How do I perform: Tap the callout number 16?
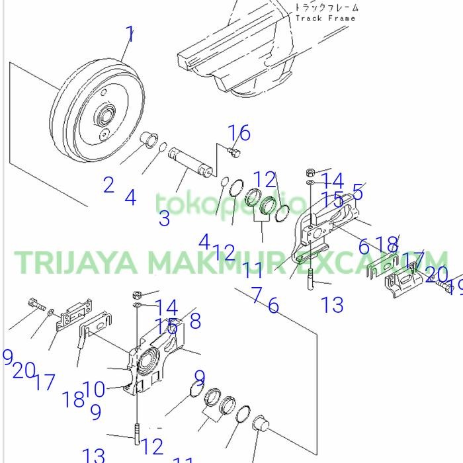(x=240, y=134)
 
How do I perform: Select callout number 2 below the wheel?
(x=108, y=185)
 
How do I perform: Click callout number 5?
(x=358, y=192)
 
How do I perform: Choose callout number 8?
(x=194, y=321)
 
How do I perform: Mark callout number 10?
(x=94, y=390)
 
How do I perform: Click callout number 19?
(x=455, y=287)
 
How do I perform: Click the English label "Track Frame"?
(x=325, y=19)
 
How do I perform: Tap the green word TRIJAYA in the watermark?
(x=76, y=262)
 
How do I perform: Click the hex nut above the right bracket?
(x=310, y=173)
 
